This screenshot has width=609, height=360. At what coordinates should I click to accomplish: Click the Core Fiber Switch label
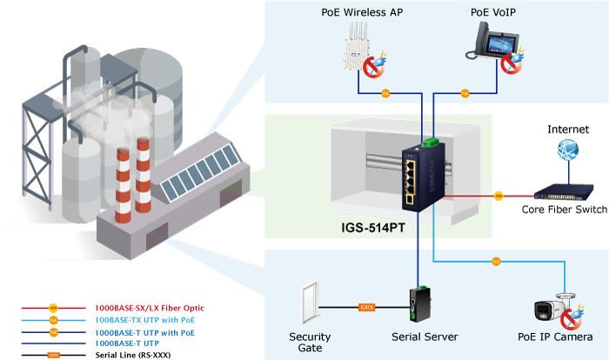[x=563, y=210]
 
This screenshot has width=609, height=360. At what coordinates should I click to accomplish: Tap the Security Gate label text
[x=309, y=342]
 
